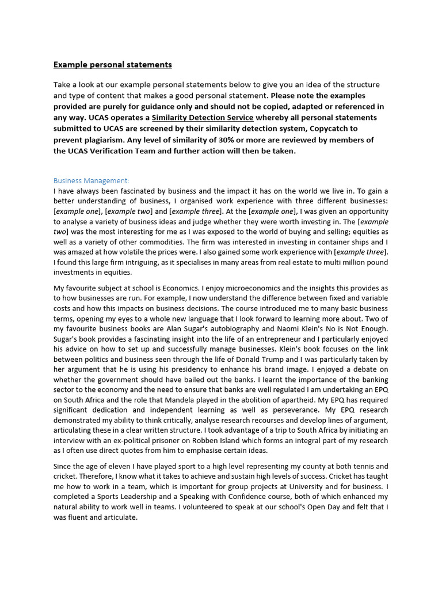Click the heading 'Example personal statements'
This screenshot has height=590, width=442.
(x=113, y=65)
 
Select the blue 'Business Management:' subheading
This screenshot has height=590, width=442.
(x=92, y=180)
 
